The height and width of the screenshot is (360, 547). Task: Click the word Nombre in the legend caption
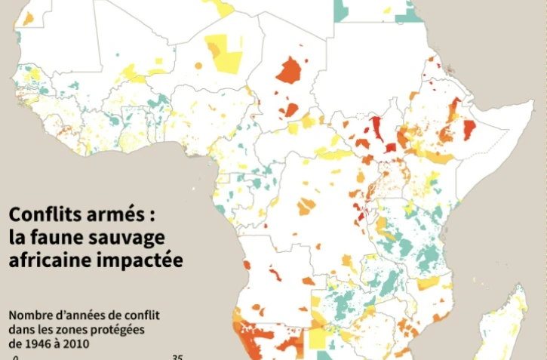(29, 315)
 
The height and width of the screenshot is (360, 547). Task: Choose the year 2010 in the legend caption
(75, 343)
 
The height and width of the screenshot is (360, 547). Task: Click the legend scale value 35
(177, 358)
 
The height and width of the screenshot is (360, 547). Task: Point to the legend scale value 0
(14, 358)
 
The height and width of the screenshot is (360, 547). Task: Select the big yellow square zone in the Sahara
(224, 53)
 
